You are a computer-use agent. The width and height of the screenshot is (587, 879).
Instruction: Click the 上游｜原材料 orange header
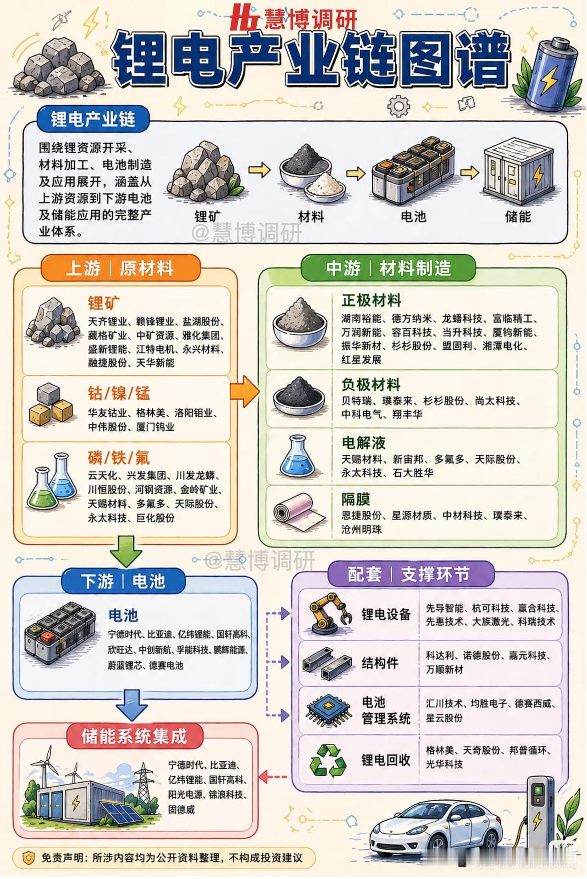pyautogui.click(x=120, y=268)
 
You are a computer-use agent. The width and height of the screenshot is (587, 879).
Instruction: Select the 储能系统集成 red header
pyautogui.click(x=134, y=736)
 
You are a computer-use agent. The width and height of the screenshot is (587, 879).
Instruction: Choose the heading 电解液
pyautogui.click(x=363, y=443)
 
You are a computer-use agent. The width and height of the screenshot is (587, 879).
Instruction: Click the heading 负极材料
pyautogui.click(x=371, y=385)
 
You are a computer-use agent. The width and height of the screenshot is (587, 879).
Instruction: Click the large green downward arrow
pyautogui.click(x=126, y=551)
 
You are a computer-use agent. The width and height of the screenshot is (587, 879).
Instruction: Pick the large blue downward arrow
pyautogui.click(x=132, y=705)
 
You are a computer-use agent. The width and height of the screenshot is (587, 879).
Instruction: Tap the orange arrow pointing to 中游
pyautogui.click(x=244, y=391)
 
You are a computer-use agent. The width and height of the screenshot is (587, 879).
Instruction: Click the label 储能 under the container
pyautogui.click(x=518, y=216)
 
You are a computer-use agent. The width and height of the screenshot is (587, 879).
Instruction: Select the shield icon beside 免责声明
pyautogui.click(x=28, y=857)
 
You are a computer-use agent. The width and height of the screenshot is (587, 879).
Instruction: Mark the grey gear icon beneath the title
pyautogui.click(x=398, y=106)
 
